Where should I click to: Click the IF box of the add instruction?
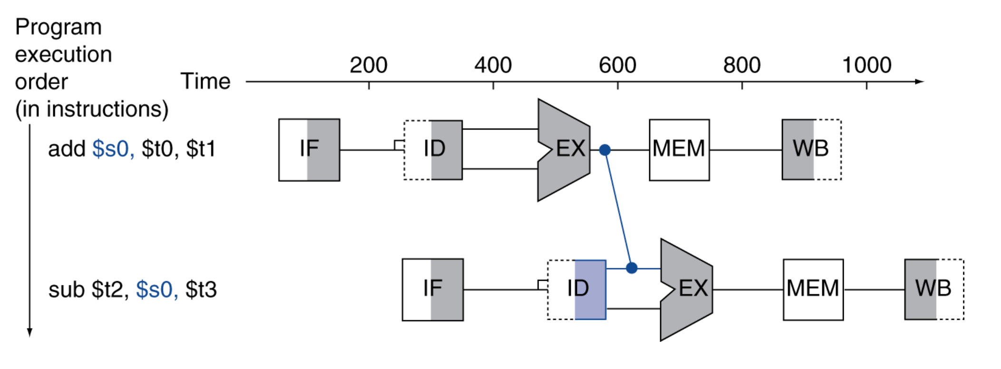pos(309,150)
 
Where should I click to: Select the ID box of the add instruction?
pos(433,150)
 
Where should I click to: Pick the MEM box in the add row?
pos(679,150)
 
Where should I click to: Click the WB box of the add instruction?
pos(811,150)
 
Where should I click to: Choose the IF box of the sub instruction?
pos(433,289)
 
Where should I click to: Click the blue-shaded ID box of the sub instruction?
pos(577,289)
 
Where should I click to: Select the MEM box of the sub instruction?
pos(813,289)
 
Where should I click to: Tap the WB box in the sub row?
pos(934,289)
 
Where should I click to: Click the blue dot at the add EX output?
pos(605,150)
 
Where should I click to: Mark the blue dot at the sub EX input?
pos(631,268)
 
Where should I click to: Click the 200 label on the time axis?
pos(368,65)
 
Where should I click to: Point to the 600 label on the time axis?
pos(617,65)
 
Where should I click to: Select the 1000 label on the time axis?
pos(866,65)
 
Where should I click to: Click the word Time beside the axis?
pos(205,81)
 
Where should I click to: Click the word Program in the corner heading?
pos(58,28)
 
